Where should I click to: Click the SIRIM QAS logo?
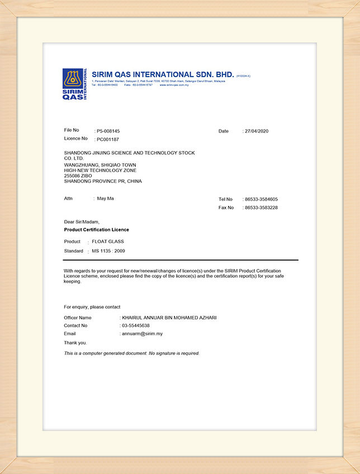(x=74, y=84)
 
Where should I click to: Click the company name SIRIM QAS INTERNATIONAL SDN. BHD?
(x=162, y=74)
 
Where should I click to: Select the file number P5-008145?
(x=108, y=131)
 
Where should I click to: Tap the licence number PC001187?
(x=108, y=139)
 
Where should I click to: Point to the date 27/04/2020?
(x=257, y=131)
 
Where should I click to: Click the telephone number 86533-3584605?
(x=261, y=199)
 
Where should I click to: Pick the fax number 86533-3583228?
(x=261, y=207)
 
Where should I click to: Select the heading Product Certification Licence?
(x=97, y=230)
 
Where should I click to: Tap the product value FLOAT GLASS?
(x=108, y=241)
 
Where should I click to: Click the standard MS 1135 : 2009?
(x=108, y=251)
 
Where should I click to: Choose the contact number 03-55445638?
(x=136, y=325)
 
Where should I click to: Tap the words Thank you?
(x=75, y=343)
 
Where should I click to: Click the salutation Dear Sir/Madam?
(x=82, y=222)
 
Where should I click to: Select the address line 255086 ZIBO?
(x=78, y=176)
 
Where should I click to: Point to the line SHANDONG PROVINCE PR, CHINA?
(x=103, y=181)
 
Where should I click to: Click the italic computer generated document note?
(x=131, y=353)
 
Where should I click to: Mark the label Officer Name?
(x=78, y=317)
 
